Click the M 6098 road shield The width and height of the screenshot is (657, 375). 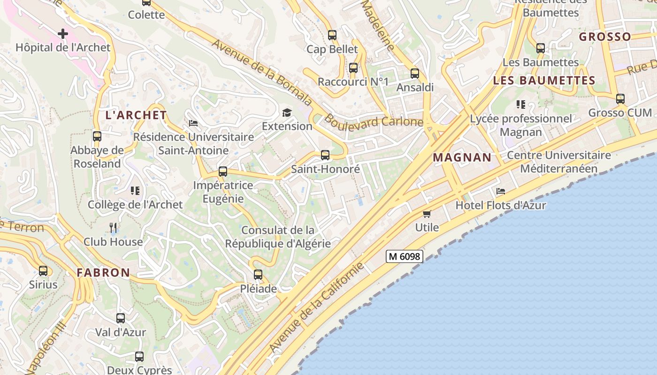405,256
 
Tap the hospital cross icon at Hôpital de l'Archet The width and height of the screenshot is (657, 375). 63,34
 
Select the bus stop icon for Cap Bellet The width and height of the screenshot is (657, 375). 332,35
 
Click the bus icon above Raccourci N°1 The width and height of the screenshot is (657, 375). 353,68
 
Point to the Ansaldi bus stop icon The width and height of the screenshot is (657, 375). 415,74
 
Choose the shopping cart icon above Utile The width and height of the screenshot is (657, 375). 427,214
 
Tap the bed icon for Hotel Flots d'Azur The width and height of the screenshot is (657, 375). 501,191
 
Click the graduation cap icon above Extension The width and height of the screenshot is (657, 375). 287,112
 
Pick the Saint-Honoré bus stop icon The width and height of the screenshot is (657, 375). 325,155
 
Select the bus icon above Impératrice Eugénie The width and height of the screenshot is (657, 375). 223,172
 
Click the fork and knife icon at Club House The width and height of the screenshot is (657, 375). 113,228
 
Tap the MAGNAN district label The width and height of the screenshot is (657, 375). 462,157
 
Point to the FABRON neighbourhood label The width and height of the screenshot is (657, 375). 103,272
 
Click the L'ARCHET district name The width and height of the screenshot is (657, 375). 136,115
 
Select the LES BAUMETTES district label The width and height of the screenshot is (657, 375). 544,81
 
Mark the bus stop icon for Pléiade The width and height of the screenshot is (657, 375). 258,275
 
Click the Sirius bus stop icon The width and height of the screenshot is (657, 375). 43,271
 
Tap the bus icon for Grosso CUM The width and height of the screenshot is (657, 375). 620,99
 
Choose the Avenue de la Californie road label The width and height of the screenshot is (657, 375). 317,307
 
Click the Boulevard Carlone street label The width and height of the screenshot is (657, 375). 374,121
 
